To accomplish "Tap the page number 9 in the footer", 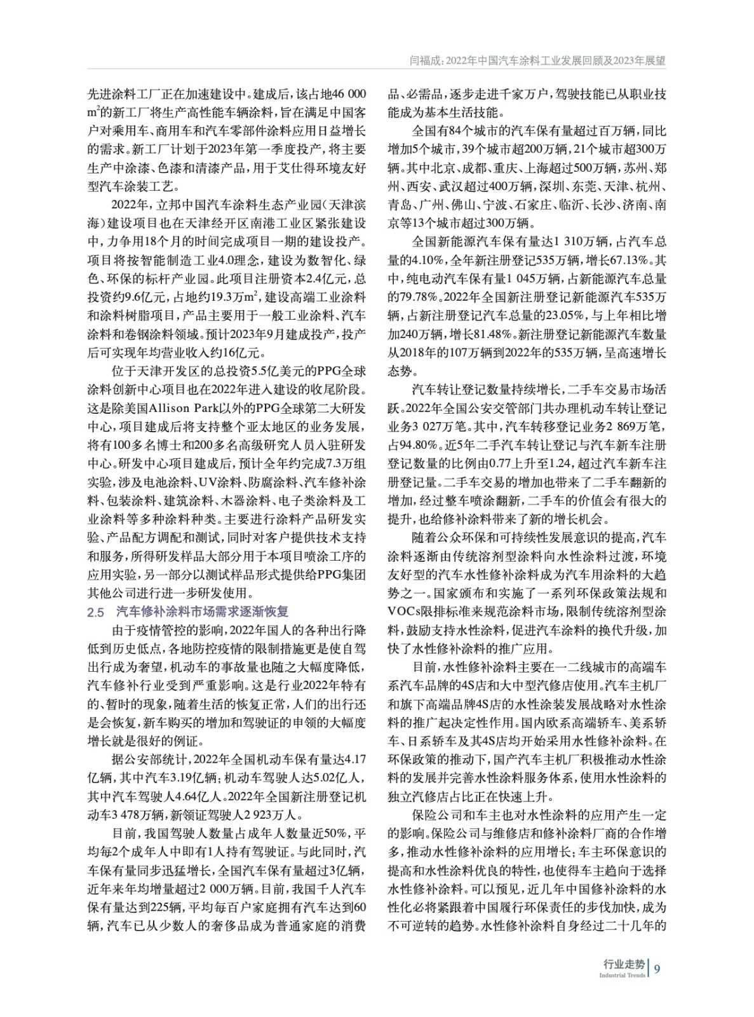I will pyautogui.click(x=657, y=968).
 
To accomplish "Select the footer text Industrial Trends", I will pyautogui.click(x=622, y=975).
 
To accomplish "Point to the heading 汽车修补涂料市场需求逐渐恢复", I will pyautogui.click(x=203, y=611).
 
